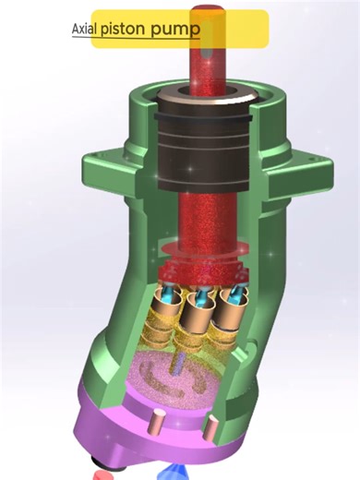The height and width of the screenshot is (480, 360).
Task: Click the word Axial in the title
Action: coord(84,29)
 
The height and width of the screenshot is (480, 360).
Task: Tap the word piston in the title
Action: coord(128,29)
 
